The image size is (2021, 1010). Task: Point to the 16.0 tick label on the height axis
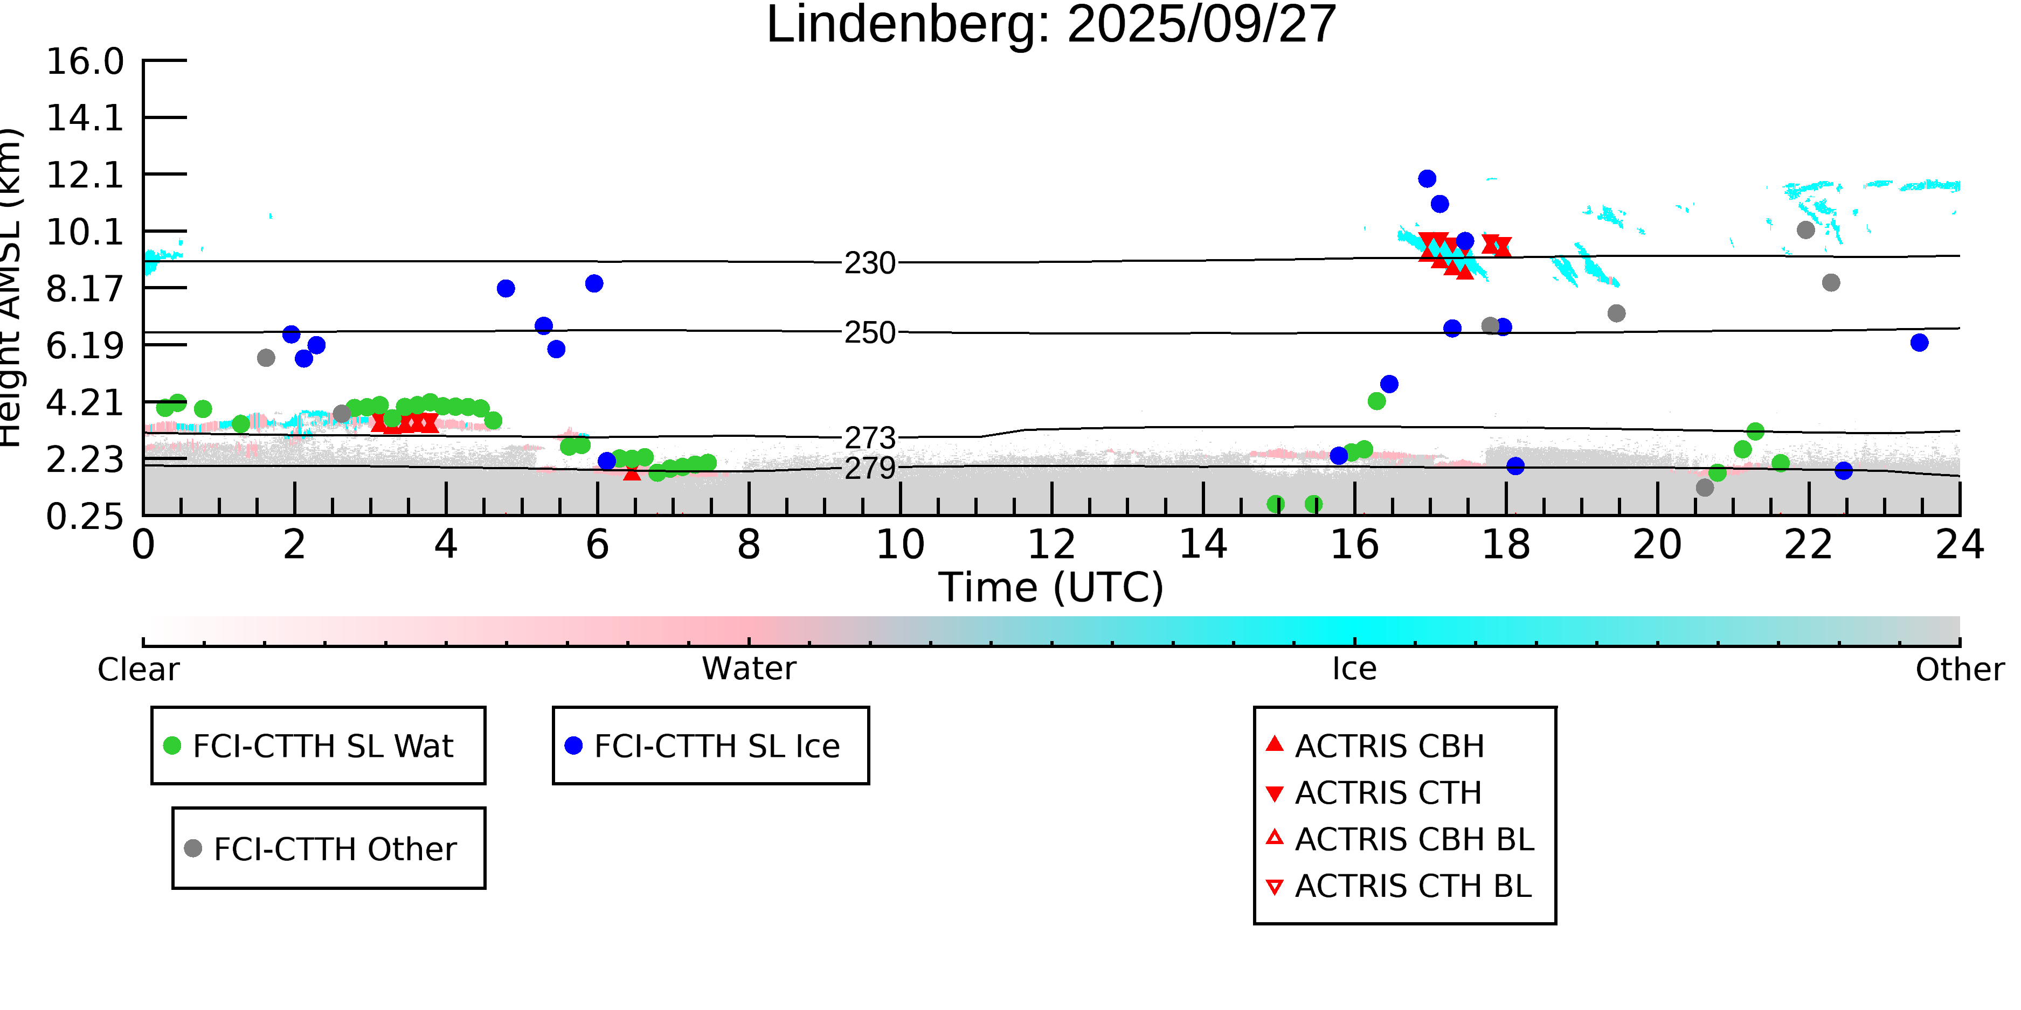85,62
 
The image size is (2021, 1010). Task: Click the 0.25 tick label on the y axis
85,517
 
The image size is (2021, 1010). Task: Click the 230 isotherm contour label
869,263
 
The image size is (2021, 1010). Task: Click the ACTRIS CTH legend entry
1388,793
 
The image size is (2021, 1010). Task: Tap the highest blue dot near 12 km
1427,179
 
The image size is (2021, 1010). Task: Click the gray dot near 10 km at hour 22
1805,230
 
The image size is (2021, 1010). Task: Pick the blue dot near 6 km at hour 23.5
1919,343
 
